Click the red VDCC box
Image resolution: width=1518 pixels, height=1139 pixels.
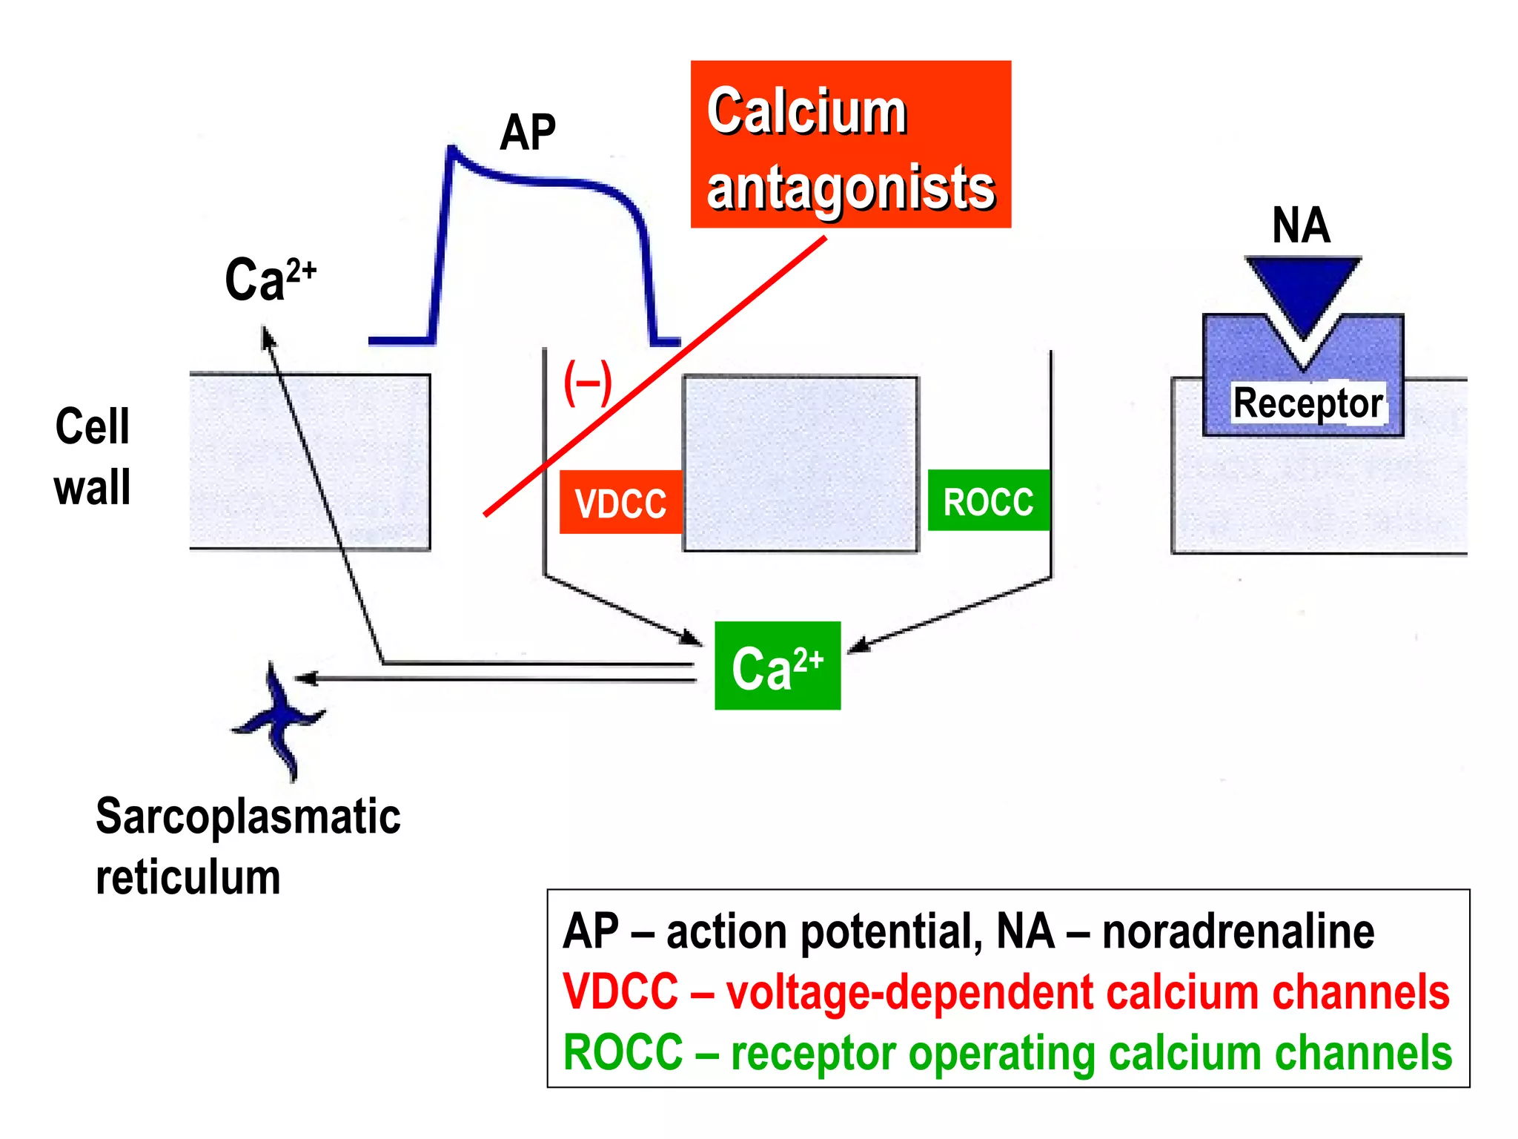(x=620, y=502)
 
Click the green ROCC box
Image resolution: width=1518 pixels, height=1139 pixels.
(x=988, y=501)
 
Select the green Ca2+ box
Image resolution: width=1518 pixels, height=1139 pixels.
(x=777, y=666)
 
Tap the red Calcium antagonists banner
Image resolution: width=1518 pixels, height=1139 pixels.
(x=850, y=144)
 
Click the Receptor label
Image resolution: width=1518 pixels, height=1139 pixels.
(x=1307, y=403)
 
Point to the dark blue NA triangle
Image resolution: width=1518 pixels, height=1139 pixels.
(x=1303, y=289)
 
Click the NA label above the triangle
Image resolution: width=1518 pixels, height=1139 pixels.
(x=1301, y=225)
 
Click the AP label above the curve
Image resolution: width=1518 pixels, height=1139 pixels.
(x=527, y=133)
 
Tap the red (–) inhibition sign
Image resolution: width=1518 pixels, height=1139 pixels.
(x=588, y=383)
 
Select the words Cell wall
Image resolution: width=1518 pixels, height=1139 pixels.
(x=93, y=456)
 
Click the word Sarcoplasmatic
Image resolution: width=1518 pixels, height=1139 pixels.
(x=248, y=816)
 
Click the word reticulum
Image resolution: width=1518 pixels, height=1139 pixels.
(x=188, y=877)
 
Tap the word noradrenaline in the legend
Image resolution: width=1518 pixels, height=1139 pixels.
(x=1237, y=931)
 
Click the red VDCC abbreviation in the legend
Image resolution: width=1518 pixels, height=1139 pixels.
(x=620, y=991)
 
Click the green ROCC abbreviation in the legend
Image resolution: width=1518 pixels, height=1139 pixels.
(x=623, y=1052)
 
